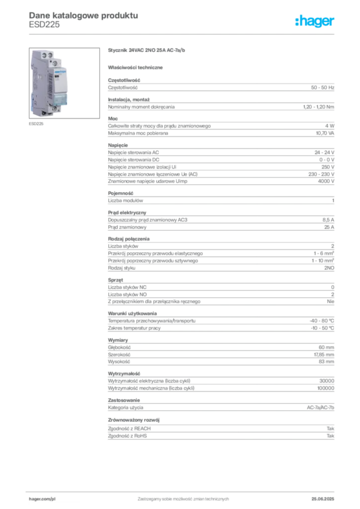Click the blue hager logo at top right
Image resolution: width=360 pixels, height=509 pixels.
315,22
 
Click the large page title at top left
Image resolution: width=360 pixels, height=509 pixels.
84,15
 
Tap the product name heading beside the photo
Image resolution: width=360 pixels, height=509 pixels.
147,51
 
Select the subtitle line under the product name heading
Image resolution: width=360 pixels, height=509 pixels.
137,67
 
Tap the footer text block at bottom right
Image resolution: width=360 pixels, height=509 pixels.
326,496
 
